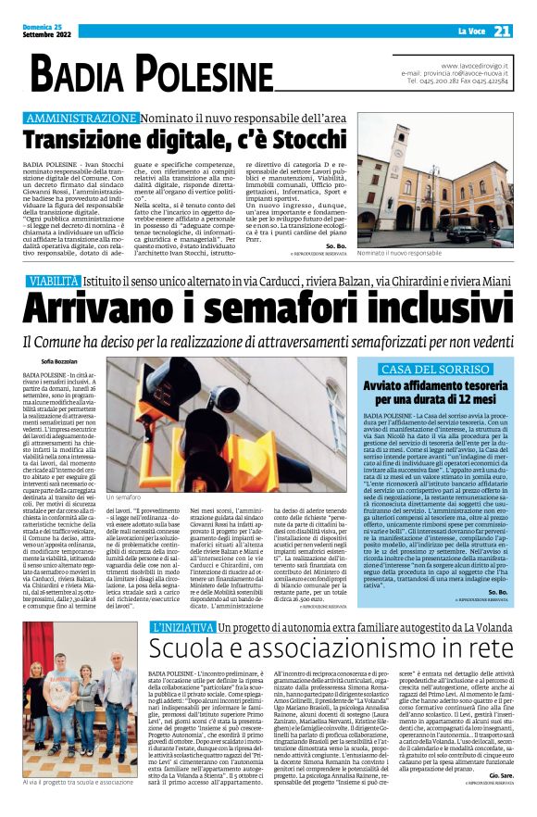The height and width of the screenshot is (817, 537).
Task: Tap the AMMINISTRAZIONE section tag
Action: (82, 119)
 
